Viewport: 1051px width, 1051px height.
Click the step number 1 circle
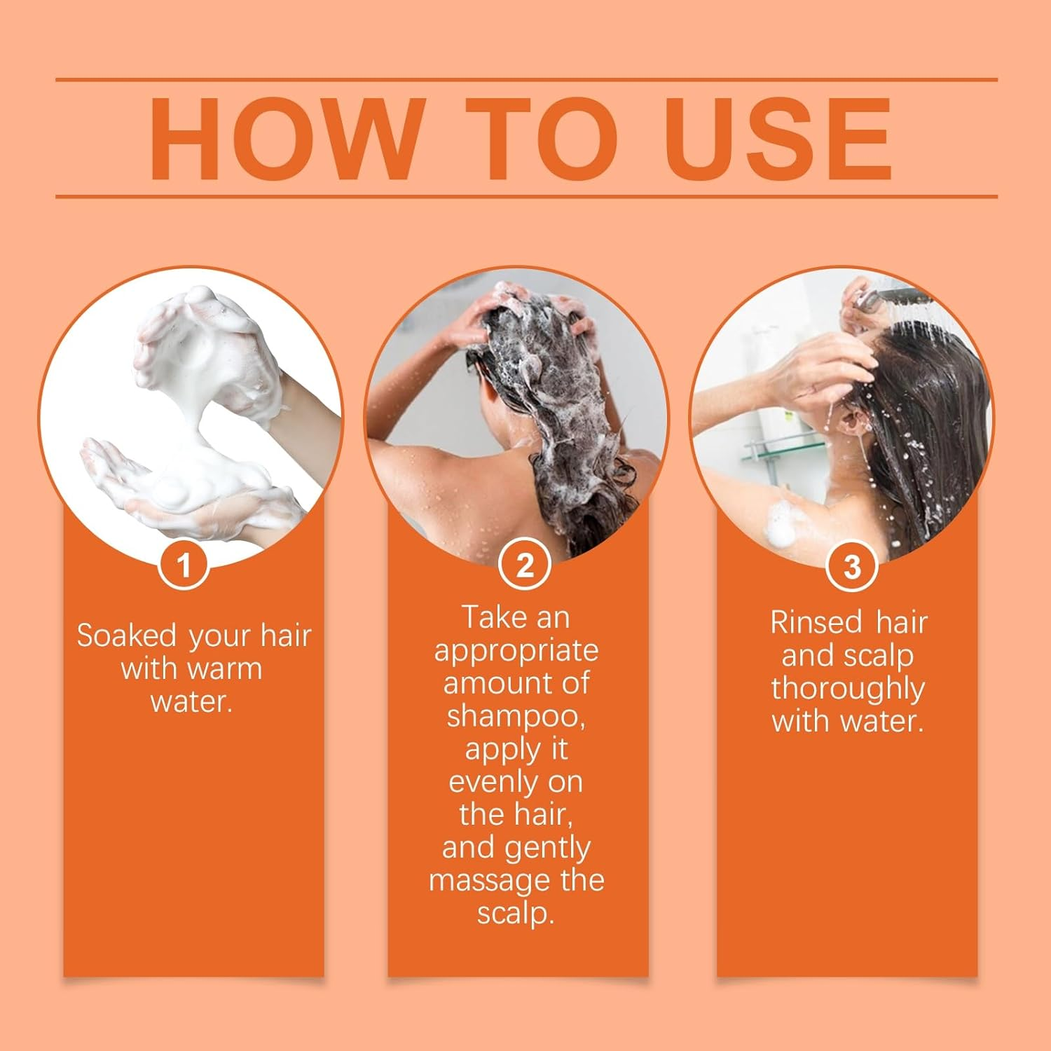[x=184, y=565]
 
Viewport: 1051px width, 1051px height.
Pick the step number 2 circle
[x=525, y=565]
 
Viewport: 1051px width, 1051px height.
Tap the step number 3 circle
[x=852, y=566]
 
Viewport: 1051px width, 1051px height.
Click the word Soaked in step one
[x=127, y=636]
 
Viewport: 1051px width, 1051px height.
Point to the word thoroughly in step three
[x=848, y=689]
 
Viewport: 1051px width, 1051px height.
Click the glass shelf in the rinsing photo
[x=778, y=449]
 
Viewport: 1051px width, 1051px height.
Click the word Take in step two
[x=488, y=617]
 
